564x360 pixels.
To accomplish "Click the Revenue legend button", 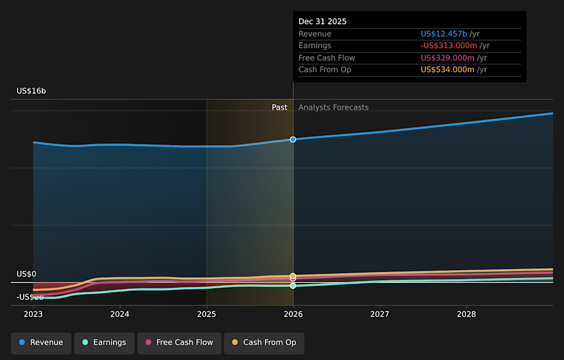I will [41, 342].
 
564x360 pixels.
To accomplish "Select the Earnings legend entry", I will [104, 342].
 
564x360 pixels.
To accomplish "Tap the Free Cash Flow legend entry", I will [179, 342].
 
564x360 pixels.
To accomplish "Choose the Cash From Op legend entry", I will [264, 342].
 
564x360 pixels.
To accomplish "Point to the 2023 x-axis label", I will [33, 314].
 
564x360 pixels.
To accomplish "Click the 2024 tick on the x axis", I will [120, 314].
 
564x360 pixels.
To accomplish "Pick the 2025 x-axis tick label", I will [206, 314].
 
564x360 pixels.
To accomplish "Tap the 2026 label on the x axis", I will [293, 314].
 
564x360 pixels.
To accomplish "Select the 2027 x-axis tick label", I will [380, 314].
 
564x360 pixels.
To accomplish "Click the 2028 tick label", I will [466, 314].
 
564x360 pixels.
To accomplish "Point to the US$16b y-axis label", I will [31, 91].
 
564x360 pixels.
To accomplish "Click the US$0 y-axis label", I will [26, 274].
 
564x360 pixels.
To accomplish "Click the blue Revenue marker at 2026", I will [293, 139].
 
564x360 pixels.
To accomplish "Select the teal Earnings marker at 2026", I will [293, 286].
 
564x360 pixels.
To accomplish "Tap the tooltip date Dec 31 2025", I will [323, 22].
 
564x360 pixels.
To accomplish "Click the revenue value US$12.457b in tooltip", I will [444, 34].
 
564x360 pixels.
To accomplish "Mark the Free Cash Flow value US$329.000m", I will [448, 58].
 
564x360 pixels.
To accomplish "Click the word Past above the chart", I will [280, 107].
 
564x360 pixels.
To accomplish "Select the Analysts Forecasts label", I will [333, 107].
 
